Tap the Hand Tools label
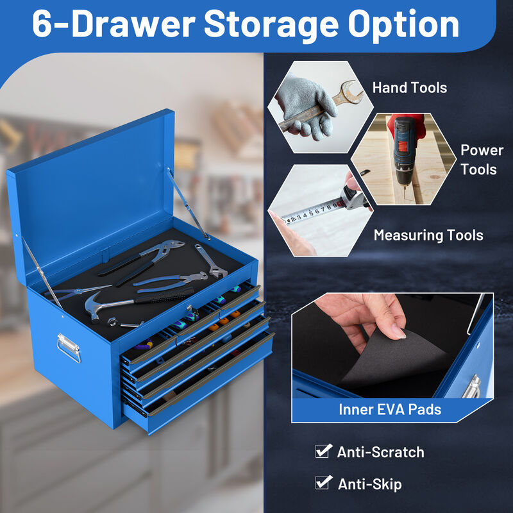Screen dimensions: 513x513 coord(409,88)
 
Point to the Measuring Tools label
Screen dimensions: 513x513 coord(428,235)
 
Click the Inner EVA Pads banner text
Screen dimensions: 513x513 coord(390,409)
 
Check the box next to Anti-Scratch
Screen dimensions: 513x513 coord(324,451)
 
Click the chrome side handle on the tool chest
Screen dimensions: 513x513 coord(68,347)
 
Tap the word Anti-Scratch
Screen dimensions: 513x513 coord(380,452)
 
